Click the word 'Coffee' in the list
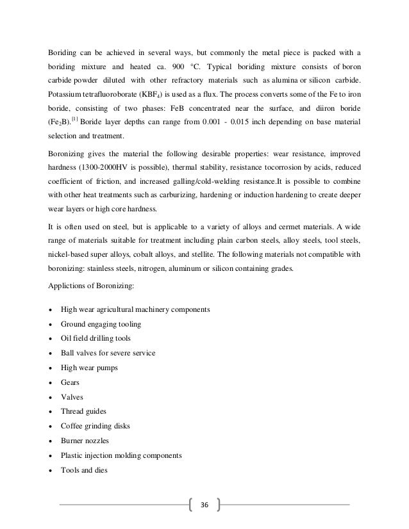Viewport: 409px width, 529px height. [72, 427]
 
